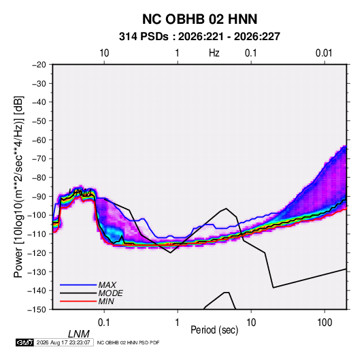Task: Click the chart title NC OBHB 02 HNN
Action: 199,19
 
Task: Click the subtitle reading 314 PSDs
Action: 144,37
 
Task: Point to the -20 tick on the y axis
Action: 39,65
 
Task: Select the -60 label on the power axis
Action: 39,140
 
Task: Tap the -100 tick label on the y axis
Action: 37,215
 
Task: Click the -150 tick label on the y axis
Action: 37,310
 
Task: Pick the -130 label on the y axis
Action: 37,272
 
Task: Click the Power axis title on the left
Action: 18,186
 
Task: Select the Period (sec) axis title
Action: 214,330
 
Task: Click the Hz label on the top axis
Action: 214,53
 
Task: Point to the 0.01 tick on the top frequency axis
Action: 324,53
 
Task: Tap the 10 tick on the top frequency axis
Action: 104,53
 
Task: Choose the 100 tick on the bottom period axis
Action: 325,323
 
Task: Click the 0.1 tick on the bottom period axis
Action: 104,323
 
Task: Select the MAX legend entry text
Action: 107,285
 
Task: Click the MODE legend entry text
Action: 110,293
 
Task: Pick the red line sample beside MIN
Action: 78,301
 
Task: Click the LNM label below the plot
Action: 79,334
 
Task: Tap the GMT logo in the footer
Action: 25,342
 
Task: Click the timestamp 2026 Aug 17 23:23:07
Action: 63,342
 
